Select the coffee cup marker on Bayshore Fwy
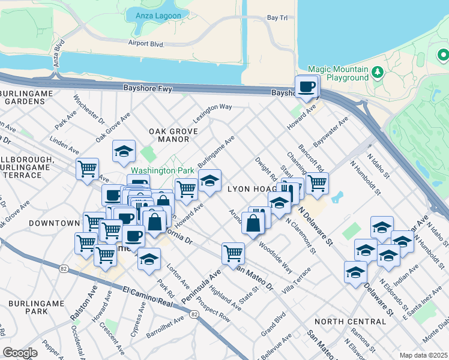coord(307,86)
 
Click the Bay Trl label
coord(277,19)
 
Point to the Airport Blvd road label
coord(146,43)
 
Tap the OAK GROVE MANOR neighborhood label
coord(169,135)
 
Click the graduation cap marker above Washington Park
coord(124,151)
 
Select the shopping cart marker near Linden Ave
coord(88,169)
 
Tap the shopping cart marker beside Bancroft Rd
coord(317,183)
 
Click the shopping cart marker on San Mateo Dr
coord(233,253)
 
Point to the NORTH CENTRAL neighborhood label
coord(349,322)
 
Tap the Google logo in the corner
coord(20,353)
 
